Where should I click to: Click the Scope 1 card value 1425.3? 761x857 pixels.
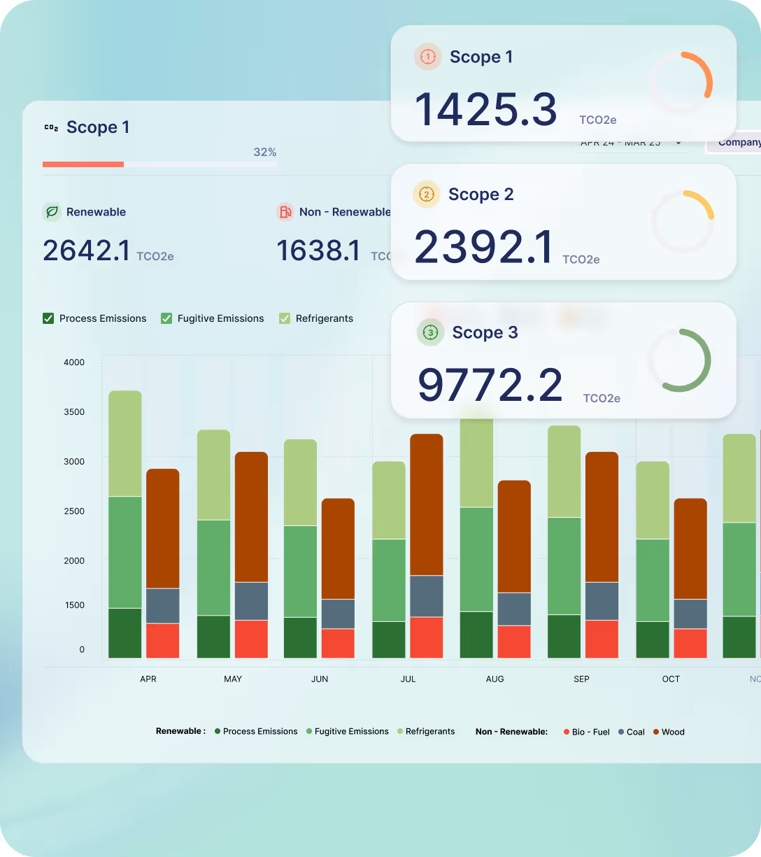(x=486, y=110)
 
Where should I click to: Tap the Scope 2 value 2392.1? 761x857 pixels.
(x=484, y=247)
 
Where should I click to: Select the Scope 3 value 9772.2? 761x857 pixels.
(x=490, y=385)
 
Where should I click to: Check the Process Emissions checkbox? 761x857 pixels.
(x=48, y=318)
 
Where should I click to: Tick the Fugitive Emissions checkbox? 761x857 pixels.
(x=166, y=318)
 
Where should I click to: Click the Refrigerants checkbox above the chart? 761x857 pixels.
(x=285, y=318)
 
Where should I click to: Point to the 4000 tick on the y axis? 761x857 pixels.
(x=74, y=362)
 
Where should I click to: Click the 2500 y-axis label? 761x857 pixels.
(x=74, y=511)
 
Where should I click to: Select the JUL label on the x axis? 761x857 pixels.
(x=408, y=679)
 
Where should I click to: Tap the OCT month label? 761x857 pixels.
(x=671, y=679)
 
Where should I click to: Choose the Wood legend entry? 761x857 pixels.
(x=668, y=732)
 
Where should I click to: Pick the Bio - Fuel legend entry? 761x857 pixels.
(x=586, y=732)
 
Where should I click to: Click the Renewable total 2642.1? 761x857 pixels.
(x=86, y=250)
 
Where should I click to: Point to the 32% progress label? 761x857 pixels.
(x=264, y=152)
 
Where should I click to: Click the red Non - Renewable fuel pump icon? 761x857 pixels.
(x=285, y=212)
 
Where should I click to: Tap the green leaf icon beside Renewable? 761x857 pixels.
(x=51, y=212)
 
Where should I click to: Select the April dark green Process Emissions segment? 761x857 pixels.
(x=125, y=633)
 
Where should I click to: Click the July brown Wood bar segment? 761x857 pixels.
(x=427, y=504)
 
